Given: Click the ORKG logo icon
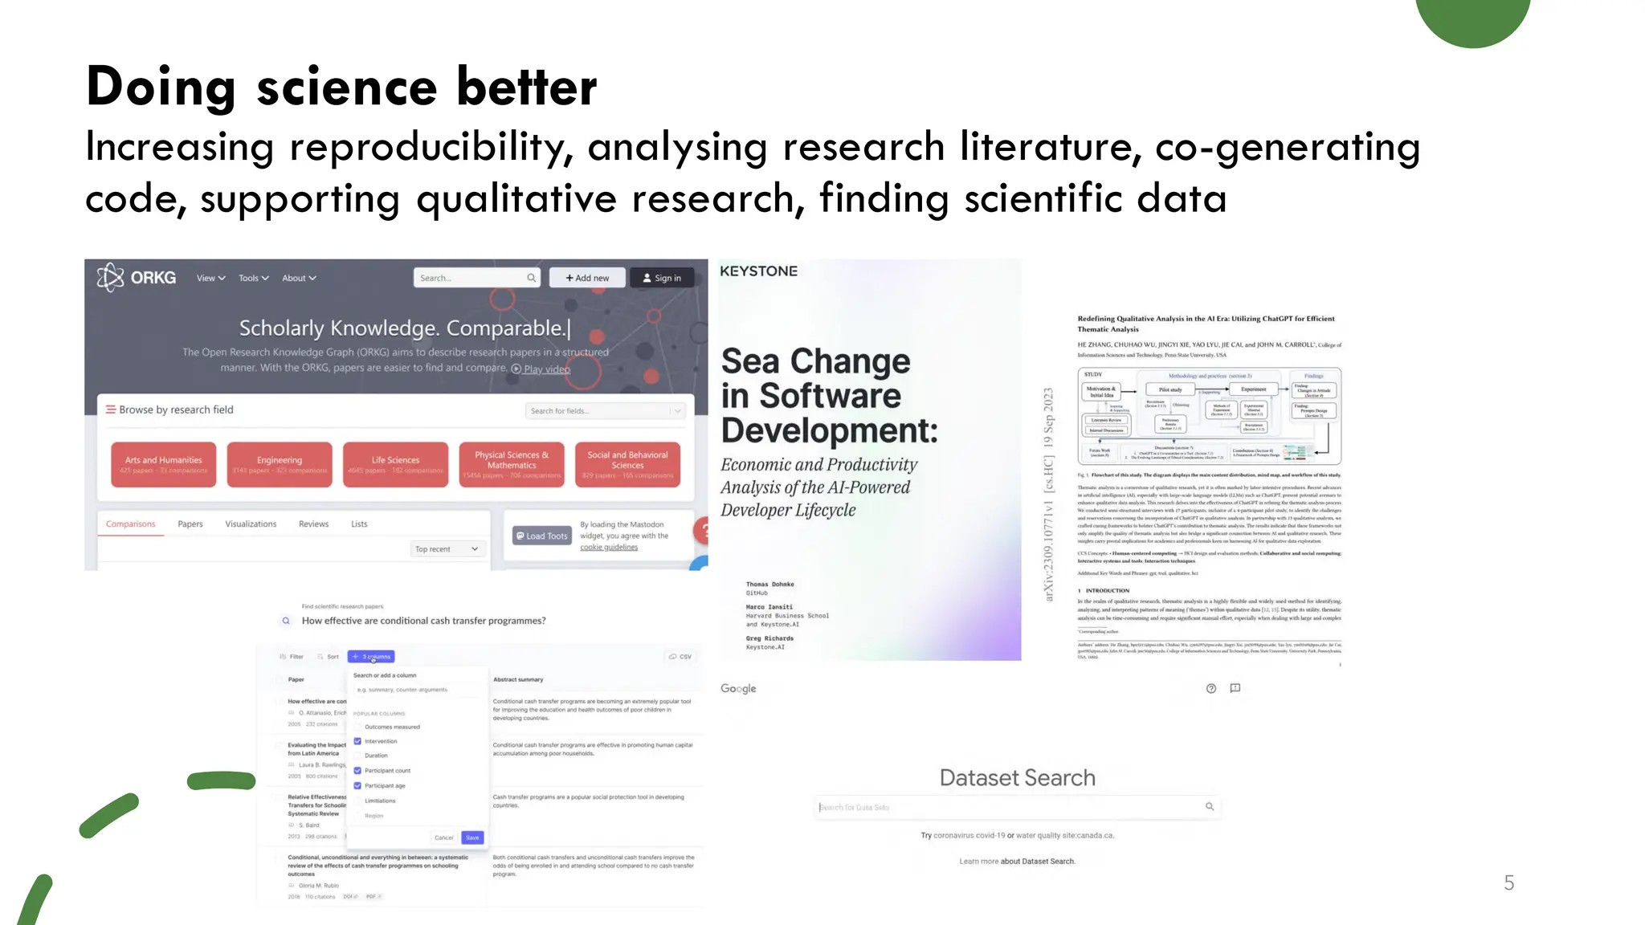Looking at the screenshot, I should click(111, 278).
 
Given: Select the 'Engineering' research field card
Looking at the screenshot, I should click(280, 464).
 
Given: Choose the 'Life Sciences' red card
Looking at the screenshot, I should click(395, 464).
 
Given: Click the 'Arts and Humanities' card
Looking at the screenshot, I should click(164, 464).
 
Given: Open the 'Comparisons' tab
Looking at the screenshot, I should click(131, 524).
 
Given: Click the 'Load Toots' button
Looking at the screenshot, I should click(542, 536).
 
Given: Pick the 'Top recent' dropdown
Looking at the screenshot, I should click(447, 549).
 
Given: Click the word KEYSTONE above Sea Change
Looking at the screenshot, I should click(758, 271).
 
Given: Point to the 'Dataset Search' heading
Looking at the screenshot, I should click(1017, 777).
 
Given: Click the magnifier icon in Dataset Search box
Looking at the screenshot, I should click(1210, 806).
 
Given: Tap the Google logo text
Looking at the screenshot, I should click(738, 688).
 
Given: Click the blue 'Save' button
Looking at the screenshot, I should click(472, 837).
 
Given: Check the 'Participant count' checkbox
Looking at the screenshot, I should click(357, 771).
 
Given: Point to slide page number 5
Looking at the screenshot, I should click(1508, 882).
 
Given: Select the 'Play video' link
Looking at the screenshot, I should click(546, 369).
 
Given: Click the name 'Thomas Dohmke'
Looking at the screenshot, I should click(769, 584).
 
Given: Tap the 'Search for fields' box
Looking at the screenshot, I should click(598, 410).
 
